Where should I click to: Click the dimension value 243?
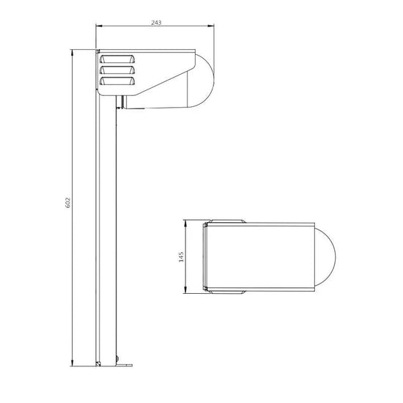point(156,23)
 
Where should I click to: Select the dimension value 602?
point(67,202)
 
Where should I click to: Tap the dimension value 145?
point(181,256)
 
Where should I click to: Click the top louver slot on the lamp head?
point(117,59)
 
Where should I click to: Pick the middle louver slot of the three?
point(117,70)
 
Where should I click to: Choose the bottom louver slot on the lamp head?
point(117,81)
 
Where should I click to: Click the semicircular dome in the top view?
point(325,257)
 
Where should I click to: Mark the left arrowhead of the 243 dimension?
point(99,26)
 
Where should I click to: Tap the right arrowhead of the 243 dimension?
point(211,26)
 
